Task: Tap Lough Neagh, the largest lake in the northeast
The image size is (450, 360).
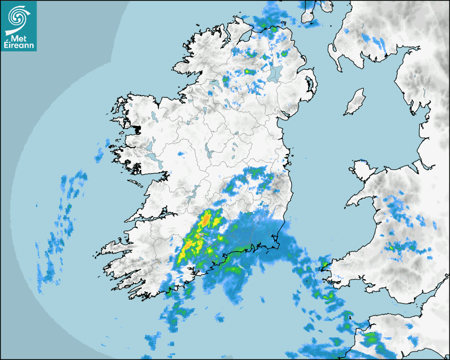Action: coord(275,73)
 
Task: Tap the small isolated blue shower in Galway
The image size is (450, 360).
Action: coord(182,154)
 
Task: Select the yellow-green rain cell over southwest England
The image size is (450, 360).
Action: coord(371,337)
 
